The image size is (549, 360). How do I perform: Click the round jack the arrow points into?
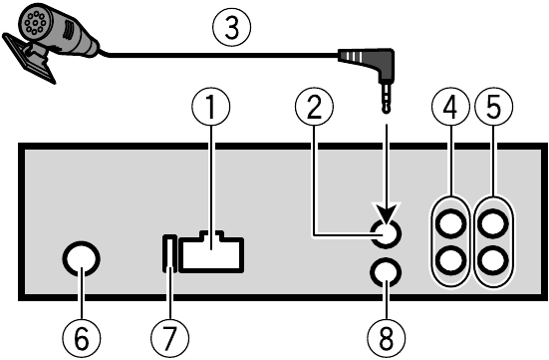385,234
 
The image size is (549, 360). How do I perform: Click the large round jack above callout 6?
80,260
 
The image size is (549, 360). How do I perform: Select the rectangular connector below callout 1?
211,253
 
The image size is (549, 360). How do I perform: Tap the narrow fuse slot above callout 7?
170,254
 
